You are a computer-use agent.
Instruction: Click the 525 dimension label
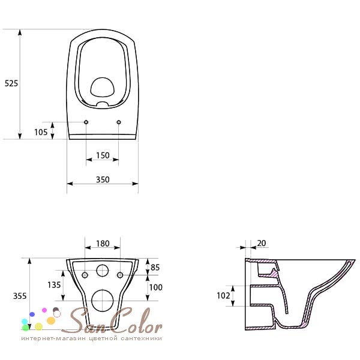click(x=11, y=83)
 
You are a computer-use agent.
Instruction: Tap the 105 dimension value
click(x=41, y=132)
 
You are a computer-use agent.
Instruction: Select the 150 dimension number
click(x=103, y=155)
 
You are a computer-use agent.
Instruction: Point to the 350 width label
click(x=103, y=179)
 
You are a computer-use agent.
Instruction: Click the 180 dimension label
click(x=103, y=244)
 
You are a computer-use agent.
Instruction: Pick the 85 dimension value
click(x=155, y=267)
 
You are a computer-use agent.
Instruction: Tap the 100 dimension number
click(x=155, y=287)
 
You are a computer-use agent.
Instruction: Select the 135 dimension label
click(x=54, y=285)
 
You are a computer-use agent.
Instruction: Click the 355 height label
click(x=20, y=296)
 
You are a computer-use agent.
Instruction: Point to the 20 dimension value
click(x=262, y=243)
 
